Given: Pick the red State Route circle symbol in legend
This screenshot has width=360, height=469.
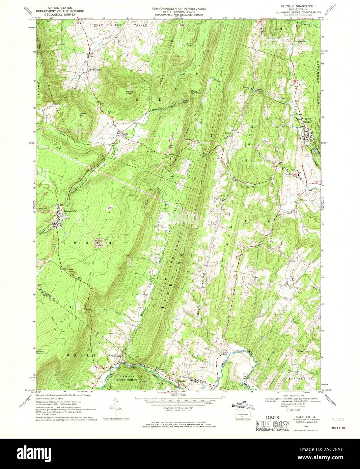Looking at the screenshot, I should tap(287, 411).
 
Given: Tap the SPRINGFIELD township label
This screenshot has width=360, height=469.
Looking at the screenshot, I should tap(302, 379).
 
